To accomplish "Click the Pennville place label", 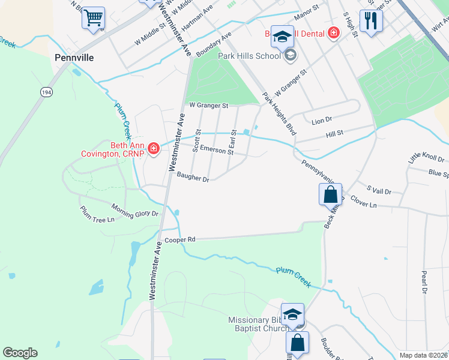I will pyautogui.click(x=76, y=58).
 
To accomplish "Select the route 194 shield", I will pyautogui.click(x=46, y=92).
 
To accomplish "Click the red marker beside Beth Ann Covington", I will pyautogui.click(x=154, y=148).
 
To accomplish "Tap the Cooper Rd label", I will pyautogui.click(x=180, y=239).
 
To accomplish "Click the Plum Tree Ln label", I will pyautogui.click(x=97, y=215).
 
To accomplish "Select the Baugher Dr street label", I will pyautogui.click(x=193, y=178).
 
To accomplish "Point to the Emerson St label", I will pyautogui.click(x=217, y=149).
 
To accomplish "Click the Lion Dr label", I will pyautogui.click(x=322, y=121).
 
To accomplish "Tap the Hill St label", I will pyautogui.click(x=334, y=133).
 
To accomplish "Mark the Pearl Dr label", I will pyautogui.click(x=424, y=282).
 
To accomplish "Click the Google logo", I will pyautogui.click(x=20, y=353).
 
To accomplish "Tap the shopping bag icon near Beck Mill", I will pyautogui.click(x=330, y=194).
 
